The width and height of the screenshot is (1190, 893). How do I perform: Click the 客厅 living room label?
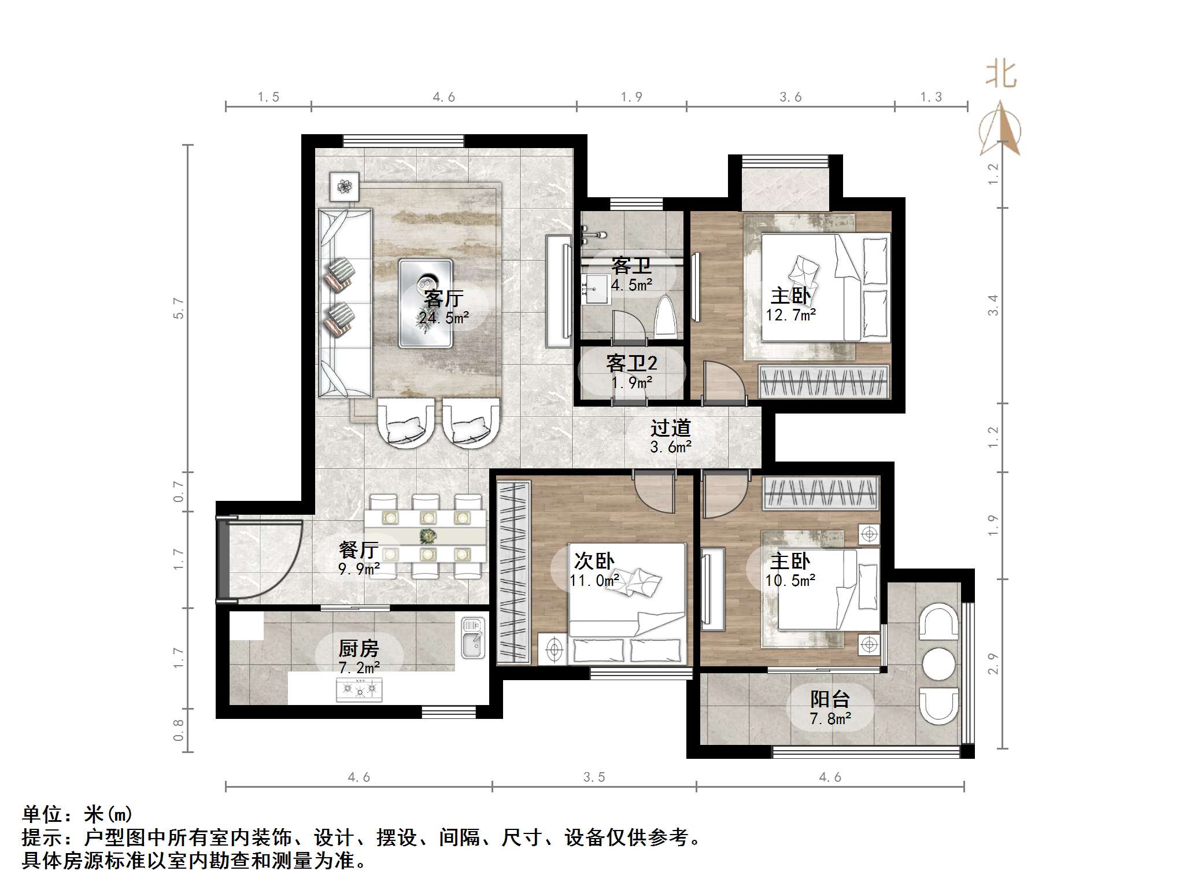click(444, 298)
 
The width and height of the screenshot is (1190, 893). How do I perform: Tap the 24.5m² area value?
click(444, 318)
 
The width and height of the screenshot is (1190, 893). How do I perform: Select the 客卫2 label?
click(631, 363)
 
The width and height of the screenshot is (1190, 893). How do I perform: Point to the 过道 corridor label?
click(671, 428)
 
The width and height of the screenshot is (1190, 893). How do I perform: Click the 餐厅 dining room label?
click(359, 549)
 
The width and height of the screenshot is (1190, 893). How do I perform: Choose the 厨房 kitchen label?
click(359, 648)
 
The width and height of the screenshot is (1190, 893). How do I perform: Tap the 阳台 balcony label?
click(830, 699)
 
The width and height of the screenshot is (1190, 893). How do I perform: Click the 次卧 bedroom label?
click(594, 560)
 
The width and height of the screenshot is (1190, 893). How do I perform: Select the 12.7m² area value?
click(790, 315)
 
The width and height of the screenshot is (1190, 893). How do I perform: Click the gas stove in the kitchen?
click(359, 689)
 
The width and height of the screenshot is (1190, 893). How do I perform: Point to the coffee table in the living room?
click(426, 303)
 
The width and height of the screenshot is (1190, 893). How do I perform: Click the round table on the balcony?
click(938, 663)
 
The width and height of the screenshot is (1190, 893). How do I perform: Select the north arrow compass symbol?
click(1000, 130)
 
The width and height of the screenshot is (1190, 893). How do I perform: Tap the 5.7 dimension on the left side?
click(179, 308)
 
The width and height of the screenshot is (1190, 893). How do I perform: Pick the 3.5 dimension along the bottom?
click(594, 777)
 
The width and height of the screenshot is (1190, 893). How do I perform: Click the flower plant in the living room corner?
click(345, 186)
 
